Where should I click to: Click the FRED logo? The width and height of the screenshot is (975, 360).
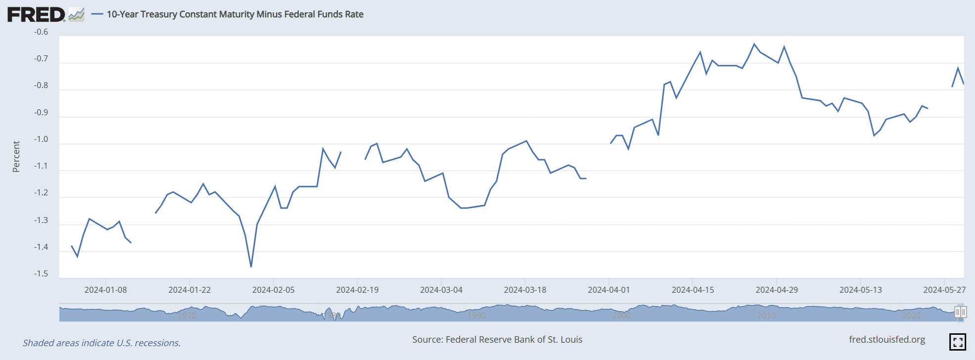click(x=36, y=14)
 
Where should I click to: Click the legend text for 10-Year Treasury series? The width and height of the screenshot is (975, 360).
click(x=235, y=14)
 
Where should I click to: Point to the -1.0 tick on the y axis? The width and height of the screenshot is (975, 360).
click(x=41, y=139)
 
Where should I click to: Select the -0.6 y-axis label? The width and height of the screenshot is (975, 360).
click(x=41, y=32)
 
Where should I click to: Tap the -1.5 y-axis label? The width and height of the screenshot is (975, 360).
click(x=41, y=274)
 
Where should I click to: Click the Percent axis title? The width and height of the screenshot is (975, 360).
click(x=16, y=156)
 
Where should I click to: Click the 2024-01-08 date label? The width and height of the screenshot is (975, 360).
click(x=105, y=290)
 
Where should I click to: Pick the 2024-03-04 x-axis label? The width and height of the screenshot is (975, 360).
click(x=441, y=290)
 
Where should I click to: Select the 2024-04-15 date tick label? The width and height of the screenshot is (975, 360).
click(x=693, y=290)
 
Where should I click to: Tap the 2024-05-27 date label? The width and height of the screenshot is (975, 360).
click(x=944, y=290)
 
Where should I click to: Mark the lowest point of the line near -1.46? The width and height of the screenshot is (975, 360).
click(x=251, y=267)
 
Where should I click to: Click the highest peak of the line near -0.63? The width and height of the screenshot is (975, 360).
click(x=754, y=44)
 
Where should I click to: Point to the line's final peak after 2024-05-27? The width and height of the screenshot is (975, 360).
click(x=958, y=68)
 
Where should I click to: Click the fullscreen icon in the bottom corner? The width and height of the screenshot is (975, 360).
click(x=958, y=342)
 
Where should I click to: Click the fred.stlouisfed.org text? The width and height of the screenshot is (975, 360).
click(x=886, y=340)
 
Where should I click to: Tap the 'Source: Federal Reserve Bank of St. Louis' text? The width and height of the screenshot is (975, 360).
click(x=497, y=340)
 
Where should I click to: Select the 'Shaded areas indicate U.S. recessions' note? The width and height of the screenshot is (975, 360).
click(x=101, y=343)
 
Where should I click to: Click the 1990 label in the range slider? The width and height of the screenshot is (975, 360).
click(x=477, y=315)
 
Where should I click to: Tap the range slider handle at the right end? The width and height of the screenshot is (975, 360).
click(x=960, y=312)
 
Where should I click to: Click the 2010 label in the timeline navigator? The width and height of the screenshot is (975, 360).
click(x=766, y=315)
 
